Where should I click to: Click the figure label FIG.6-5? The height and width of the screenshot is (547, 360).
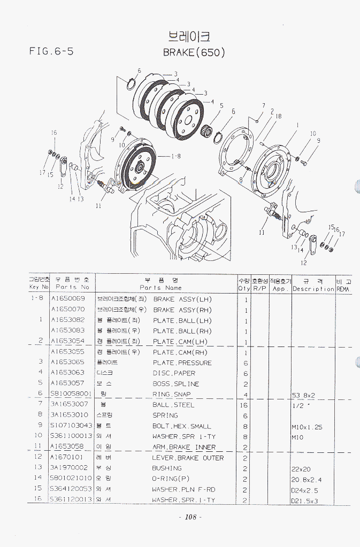tap(51, 52)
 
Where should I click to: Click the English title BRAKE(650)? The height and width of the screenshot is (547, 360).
tap(194, 52)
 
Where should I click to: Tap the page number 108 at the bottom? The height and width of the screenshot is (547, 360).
tap(189, 517)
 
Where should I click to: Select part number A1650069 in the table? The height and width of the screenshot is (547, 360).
tap(67, 299)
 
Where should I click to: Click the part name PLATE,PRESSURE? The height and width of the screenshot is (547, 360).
tap(182, 363)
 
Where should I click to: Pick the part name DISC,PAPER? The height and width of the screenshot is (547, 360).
tap(174, 373)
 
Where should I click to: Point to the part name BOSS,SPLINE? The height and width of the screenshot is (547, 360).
tap(175, 384)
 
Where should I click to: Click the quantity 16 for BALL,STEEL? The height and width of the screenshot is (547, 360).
tap(244, 405)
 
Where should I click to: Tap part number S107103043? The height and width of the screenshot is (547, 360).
tap(71, 426)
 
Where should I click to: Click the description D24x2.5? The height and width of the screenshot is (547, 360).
tap(304, 489)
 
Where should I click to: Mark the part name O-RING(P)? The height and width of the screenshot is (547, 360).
tap(171, 479)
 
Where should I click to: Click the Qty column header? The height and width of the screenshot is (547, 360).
tap(244, 284)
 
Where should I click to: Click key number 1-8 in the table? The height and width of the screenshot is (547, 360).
tap(37, 299)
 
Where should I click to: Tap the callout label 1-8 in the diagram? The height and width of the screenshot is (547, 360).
tap(177, 157)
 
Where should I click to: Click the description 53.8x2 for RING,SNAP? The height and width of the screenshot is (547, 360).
tap(304, 395)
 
